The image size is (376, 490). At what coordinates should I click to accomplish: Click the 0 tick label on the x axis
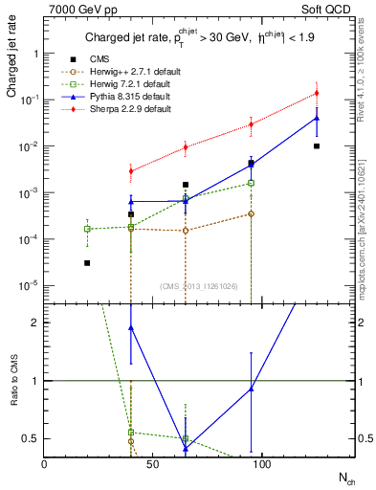44,464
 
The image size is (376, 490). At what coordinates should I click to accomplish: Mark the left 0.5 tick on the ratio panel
31,438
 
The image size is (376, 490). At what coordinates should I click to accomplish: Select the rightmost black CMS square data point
317,146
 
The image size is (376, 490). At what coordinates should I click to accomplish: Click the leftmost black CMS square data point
87,263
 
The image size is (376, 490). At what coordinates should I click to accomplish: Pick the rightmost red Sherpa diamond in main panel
317,93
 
